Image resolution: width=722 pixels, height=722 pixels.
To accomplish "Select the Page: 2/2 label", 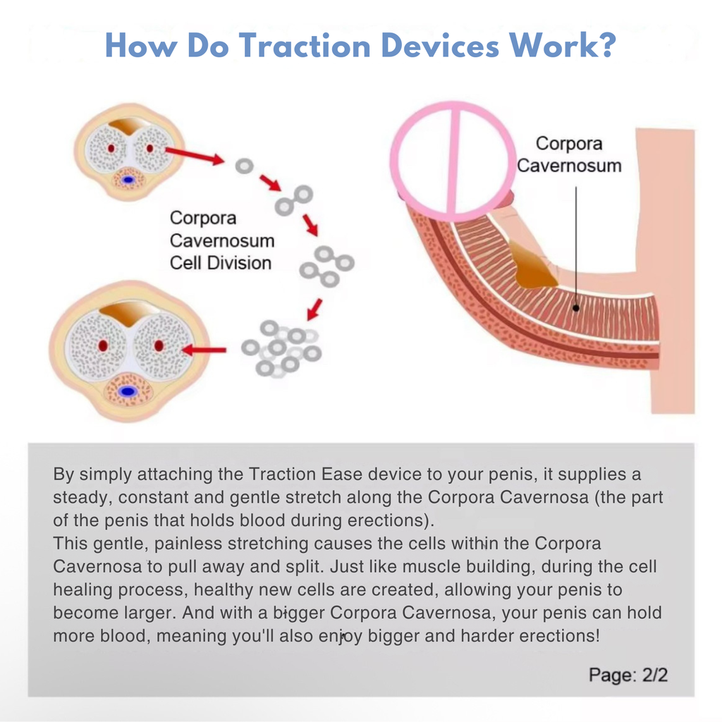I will tap(628, 675).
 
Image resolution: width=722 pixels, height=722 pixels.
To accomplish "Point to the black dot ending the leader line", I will tap(577, 307).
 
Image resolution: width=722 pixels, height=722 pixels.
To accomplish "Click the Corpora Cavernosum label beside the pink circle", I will tap(569, 154).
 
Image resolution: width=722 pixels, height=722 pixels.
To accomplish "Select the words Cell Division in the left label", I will tap(220, 263).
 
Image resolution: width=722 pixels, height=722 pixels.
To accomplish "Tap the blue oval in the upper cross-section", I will tap(128, 180).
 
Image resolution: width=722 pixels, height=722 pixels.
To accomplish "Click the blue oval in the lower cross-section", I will tap(128, 391).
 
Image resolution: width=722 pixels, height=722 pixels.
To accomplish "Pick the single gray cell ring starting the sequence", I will tap(244, 166).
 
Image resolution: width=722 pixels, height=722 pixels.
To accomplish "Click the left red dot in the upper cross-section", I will tap(111, 149).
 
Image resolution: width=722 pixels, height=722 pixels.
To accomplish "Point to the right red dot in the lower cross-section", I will tap(159, 345).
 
